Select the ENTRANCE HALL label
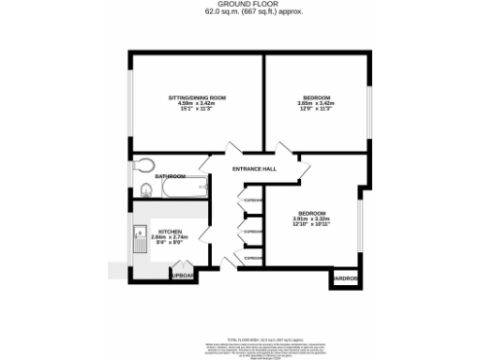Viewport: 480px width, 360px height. click(x=255, y=169)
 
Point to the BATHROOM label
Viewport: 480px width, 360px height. click(x=169, y=175)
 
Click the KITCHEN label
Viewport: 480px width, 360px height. click(x=170, y=231)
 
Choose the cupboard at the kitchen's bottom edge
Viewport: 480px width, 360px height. click(x=182, y=276)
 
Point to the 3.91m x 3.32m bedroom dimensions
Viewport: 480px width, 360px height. click(x=312, y=220)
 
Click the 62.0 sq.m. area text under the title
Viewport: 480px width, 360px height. click(x=241, y=13)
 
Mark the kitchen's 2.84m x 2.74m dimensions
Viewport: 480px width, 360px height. click(x=170, y=237)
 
